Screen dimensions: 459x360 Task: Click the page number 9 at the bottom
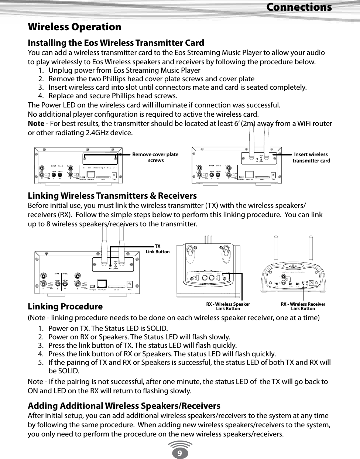point(179,452)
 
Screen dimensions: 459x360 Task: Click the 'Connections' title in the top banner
point(299,7)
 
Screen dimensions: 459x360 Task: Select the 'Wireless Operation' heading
point(75,27)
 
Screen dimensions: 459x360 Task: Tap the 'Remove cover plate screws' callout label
point(155,157)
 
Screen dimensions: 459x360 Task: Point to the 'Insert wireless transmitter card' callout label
point(311,157)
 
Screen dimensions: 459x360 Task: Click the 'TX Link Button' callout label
point(158,249)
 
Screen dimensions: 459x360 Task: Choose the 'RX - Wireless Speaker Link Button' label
point(228,306)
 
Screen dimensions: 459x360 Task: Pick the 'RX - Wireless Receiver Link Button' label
point(303,306)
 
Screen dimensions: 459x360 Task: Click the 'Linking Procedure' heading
point(65,306)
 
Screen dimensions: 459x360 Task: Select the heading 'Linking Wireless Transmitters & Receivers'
point(112,195)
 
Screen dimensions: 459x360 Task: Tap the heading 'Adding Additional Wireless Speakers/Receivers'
point(124,406)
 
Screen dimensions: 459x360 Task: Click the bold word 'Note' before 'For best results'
point(36,123)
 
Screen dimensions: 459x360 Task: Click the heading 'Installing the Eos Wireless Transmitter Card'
point(116,43)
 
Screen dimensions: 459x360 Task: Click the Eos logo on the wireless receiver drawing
point(293,266)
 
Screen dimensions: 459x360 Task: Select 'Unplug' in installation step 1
point(61,70)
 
